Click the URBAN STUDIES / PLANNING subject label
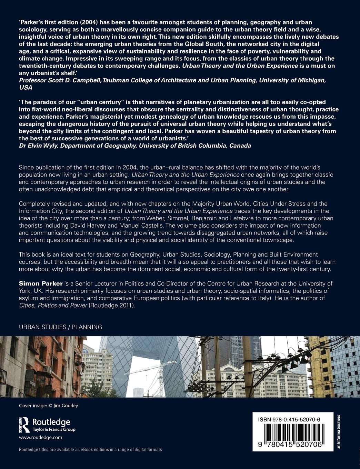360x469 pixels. click(60, 327)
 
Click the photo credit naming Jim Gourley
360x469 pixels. click(49, 406)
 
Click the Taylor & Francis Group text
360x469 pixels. click(53, 430)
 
